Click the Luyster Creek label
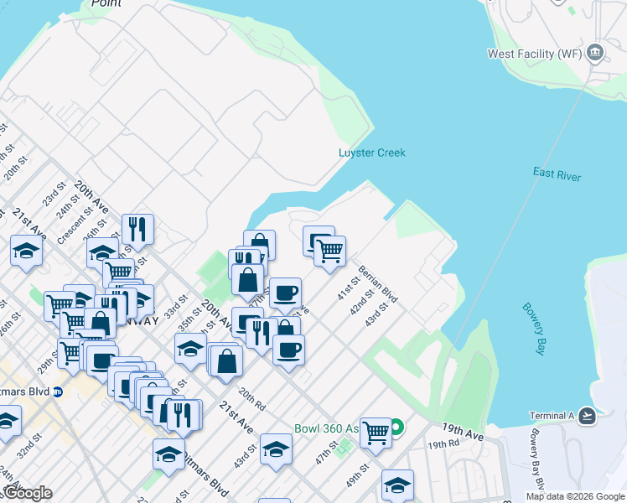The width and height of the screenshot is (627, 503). pos(371,153)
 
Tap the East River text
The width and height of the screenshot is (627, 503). pos(557,174)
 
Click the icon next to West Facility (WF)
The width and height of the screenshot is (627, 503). pos(596,53)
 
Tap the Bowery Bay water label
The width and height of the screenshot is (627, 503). pos(535,329)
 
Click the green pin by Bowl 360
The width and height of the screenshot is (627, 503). pos(397,428)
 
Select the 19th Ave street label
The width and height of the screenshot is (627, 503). pos(464,433)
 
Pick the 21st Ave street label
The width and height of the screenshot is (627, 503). pos(236,416)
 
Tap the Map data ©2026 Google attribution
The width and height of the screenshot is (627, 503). pos(575,496)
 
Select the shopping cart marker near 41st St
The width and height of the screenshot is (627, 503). pos(329,251)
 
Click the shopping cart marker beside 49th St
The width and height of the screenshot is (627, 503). pos(376,433)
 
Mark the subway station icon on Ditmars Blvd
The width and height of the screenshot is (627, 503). pos(57,392)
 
